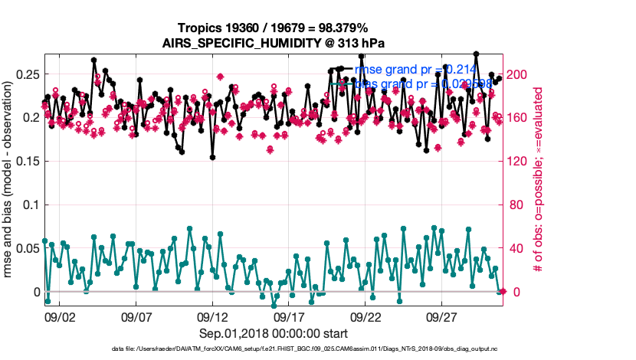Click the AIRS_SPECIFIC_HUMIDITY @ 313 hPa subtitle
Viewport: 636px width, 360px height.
pos(273,43)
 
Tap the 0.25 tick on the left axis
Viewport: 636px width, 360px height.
pos(29,74)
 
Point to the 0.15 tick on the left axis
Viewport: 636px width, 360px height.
pos(29,162)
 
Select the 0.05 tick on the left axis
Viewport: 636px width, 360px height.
pos(29,249)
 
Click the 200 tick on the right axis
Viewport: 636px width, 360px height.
pos(519,74)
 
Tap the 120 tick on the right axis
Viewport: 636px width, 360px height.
pos(519,162)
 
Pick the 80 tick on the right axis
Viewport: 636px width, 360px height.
pos(516,205)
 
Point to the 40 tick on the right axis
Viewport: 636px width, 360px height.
pos(516,249)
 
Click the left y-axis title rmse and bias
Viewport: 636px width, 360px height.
pos(11,184)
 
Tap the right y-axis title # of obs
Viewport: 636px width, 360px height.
pos(539,184)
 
